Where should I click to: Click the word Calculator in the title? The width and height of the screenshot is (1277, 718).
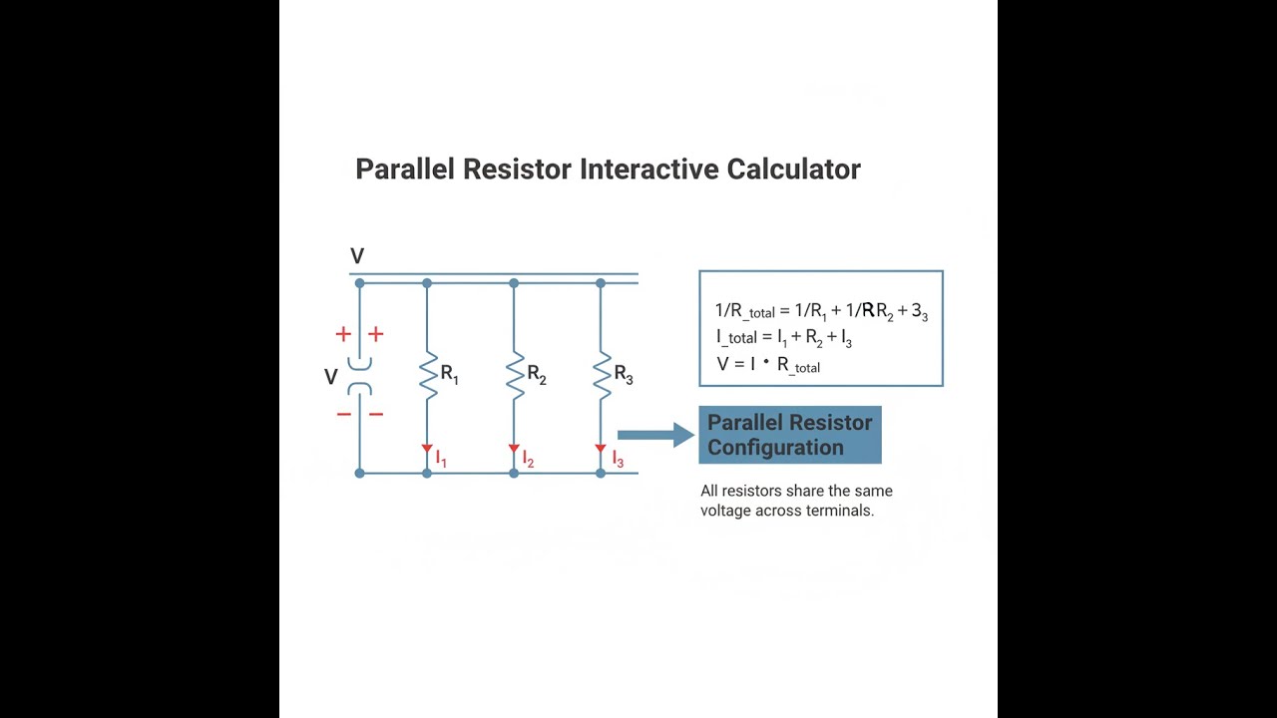pyautogui.click(x=792, y=170)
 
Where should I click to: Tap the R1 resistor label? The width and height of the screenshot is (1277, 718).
pyautogui.click(x=449, y=375)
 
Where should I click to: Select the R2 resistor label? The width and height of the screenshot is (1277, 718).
pyautogui.click(x=537, y=375)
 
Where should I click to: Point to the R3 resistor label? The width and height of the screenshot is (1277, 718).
pyautogui.click(x=624, y=375)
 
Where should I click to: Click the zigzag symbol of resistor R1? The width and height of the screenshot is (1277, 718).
pyautogui.click(x=428, y=375)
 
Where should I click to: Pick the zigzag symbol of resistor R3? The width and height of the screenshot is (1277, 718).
pyautogui.click(x=602, y=375)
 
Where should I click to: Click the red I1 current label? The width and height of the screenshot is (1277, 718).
pyautogui.click(x=441, y=460)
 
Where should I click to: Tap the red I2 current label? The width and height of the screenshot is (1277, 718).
pyautogui.click(x=528, y=460)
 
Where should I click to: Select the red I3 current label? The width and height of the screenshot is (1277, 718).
pyautogui.click(x=618, y=460)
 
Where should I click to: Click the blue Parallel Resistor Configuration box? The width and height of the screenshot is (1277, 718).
pyautogui.click(x=789, y=435)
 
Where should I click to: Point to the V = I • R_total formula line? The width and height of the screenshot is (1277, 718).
pyautogui.click(x=768, y=365)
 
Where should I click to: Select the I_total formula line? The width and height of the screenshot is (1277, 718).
pyautogui.click(x=783, y=338)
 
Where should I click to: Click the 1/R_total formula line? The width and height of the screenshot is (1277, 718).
pyautogui.click(x=821, y=311)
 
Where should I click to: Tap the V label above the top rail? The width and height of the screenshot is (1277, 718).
pyautogui.click(x=357, y=256)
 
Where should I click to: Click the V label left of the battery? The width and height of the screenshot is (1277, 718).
pyautogui.click(x=331, y=377)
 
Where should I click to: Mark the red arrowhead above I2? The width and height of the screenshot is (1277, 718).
pyautogui.click(x=514, y=449)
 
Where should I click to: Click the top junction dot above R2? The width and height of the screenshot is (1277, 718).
pyautogui.click(x=514, y=283)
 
